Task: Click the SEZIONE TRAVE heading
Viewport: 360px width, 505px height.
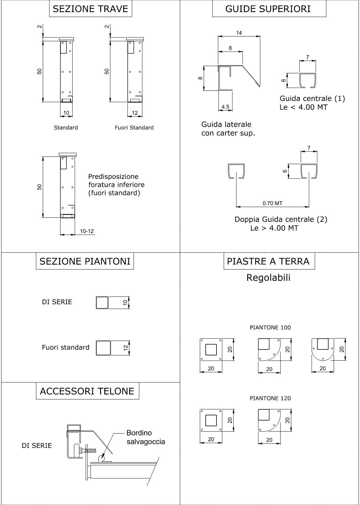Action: point(90,9)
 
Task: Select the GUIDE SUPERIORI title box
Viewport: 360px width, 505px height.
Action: point(269,9)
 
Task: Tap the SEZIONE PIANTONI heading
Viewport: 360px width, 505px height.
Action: point(85,261)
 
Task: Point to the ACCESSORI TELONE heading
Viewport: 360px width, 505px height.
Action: point(87,391)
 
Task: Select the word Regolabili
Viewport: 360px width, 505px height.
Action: point(269,277)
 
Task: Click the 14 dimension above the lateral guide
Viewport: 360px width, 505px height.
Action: point(239,33)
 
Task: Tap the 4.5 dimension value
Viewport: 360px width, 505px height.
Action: point(225,107)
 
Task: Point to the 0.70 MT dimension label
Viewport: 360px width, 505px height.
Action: point(272,203)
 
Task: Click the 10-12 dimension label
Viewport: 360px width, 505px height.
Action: point(87,231)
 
